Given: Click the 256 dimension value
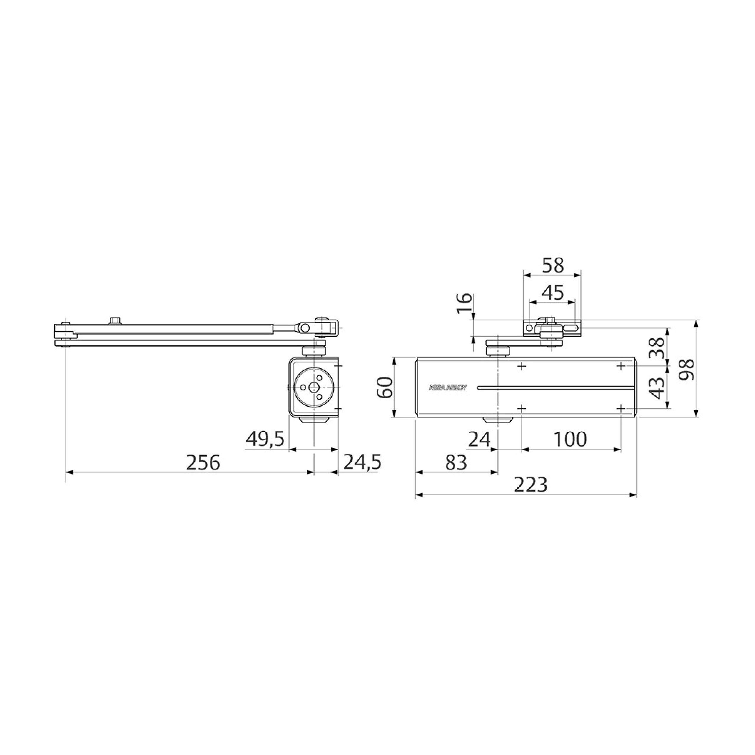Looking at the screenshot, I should click(x=203, y=463).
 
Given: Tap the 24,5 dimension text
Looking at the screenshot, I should click(x=362, y=462).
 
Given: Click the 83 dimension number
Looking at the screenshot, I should click(x=456, y=463).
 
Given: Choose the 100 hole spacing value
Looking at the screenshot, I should click(x=570, y=440).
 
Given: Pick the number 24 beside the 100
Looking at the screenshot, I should click(x=479, y=440).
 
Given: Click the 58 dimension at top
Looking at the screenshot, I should click(x=553, y=266).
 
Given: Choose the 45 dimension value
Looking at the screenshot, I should click(x=553, y=293).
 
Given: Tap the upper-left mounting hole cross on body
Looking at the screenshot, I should click(x=522, y=366).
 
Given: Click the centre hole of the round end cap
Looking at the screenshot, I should click(x=314, y=387).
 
